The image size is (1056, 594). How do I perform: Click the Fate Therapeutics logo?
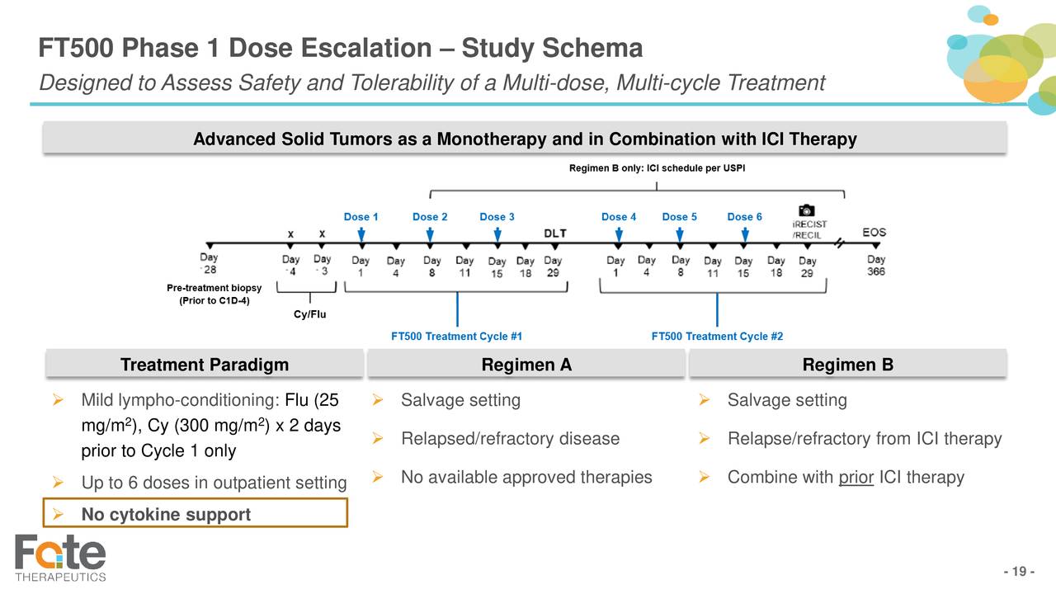60,558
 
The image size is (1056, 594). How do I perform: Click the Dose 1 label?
361,217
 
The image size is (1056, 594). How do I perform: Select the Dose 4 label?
618,217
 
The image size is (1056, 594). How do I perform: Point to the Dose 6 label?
744,217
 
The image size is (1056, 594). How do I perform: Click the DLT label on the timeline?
554,233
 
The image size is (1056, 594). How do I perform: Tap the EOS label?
874,232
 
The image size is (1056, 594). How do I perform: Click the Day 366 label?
875,266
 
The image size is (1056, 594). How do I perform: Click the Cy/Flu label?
310,314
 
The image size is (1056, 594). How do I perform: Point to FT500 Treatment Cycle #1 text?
456,336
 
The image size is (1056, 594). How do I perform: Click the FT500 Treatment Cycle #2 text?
717,336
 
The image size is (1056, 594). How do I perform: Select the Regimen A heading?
526,365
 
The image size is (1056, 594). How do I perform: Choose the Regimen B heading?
847,365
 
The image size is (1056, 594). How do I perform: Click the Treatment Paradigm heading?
204,365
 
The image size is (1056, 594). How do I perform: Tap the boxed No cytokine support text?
166,515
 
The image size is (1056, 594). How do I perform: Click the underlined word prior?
856,477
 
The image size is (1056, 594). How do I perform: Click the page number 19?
1019,573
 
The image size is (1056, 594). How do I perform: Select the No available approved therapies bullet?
526,477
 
